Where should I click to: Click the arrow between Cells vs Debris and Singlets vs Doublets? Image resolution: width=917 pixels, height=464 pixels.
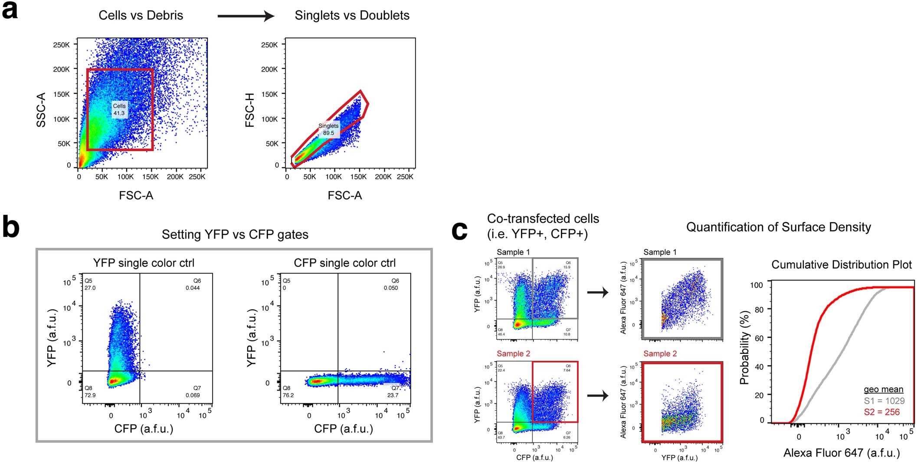point(246,16)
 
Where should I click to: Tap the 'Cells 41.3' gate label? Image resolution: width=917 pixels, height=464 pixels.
point(119,109)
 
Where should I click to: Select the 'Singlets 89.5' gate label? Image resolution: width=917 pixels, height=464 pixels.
point(328,129)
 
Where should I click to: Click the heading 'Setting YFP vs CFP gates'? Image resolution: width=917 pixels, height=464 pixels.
point(235,234)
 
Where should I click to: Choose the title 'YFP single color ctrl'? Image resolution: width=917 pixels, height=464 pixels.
point(144,263)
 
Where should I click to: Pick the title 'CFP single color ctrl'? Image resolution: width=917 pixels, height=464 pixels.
point(344,263)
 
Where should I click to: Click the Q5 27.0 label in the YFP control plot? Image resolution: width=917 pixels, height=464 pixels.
point(90,284)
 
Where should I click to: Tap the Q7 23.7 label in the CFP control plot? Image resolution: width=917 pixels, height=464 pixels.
point(393,392)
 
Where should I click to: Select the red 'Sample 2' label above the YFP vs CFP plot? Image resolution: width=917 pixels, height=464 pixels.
point(513,354)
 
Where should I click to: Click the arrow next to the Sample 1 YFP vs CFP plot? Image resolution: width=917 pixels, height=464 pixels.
point(598,293)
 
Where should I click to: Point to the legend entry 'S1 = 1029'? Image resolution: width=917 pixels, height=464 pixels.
point(884,401)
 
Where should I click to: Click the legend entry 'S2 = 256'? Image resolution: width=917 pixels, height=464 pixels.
point(881,412)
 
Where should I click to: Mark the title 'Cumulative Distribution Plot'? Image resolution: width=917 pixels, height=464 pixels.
point(841,265)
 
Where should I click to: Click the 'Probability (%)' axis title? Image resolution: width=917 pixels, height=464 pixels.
point(744,347)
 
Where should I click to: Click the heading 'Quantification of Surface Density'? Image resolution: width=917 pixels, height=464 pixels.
point(778,227)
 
